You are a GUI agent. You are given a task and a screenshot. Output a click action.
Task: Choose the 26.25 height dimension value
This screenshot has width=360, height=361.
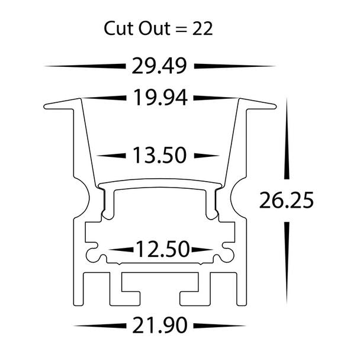pos(285,201)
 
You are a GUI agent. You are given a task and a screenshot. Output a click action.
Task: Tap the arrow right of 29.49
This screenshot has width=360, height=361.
pos(234,66)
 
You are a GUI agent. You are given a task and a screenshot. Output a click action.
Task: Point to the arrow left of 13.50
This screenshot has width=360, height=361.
pos(112,156)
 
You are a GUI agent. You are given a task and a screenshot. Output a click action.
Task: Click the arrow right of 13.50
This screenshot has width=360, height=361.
pos(204,156)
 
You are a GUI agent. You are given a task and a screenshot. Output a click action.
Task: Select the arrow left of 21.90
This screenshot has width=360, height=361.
pos(101,325)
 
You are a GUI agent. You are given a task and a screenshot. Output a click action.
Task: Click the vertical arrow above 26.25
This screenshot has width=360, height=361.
pos(286,142)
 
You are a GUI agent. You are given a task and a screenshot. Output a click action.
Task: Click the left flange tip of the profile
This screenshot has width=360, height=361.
pos(47,107)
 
